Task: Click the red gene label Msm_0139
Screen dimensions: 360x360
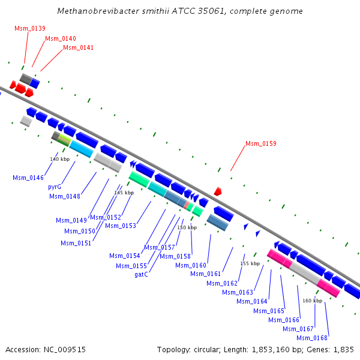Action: point(30,28)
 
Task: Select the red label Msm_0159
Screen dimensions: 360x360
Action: point(261,143)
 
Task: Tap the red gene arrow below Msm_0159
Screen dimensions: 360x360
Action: point(218,191)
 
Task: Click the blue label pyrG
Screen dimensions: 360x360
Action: point(55,187)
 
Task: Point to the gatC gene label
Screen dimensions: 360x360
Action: point(142,274)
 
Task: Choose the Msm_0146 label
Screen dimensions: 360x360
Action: point(28,178)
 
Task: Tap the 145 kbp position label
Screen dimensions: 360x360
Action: point(124,193)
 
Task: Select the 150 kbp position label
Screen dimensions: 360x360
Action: point(187,227)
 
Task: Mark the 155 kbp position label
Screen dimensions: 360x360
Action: point(250,263)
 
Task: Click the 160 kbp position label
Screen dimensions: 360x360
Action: point(312,300)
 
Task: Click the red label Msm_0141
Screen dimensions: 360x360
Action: point(79,47)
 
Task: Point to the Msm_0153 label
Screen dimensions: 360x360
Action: point(121,226)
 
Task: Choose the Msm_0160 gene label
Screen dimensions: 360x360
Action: point(191,265)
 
